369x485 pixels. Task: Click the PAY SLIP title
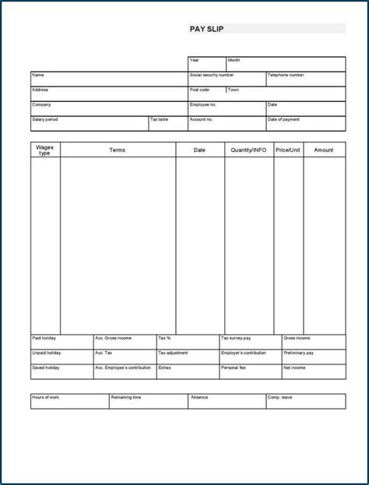coord(206,29)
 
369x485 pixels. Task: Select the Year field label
coord(195,60)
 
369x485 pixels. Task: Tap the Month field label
coord(234,60)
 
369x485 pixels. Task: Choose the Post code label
coord(199,90)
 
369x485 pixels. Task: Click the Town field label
coord(234,90)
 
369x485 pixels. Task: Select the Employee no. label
coord(202,104)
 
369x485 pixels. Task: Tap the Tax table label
coord(160,119)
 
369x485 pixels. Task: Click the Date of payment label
coord(283,119)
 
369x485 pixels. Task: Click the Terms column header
coord(117,149)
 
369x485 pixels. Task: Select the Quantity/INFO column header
coord(248,149)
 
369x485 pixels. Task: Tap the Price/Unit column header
coord(287,149)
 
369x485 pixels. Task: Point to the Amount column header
coord(324,149)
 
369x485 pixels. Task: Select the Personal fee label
coord(234,367)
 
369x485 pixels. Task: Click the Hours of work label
coord(45,397)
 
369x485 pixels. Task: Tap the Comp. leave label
coord(281,397)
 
